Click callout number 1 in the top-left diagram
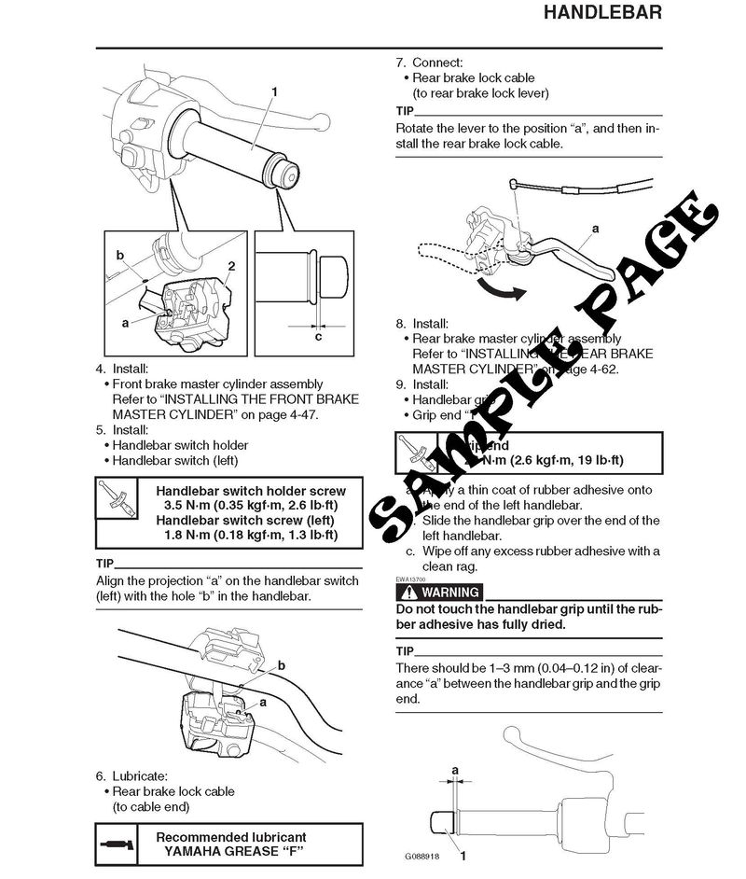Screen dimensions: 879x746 [275, 91]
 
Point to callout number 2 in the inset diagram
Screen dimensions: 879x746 [229, 267]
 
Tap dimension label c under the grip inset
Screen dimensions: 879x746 [318, 337]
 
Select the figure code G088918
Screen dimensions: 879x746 [424, 855]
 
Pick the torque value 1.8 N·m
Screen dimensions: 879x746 [186, 535]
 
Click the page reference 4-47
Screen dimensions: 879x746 [299, 414]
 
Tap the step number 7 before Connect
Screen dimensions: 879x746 [400, 63]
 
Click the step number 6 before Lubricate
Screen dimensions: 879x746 [100, 775]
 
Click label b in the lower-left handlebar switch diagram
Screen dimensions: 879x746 [281, 664]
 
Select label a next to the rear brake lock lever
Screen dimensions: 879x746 [594, 228]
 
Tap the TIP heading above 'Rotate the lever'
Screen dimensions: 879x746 [405, 111]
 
